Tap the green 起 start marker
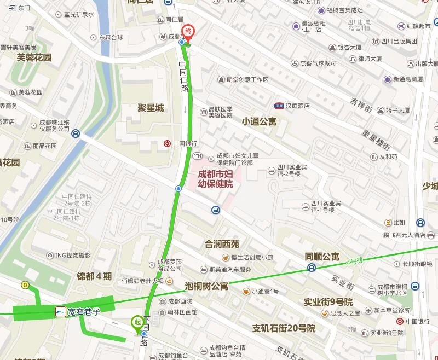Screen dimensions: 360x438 coord(137,322)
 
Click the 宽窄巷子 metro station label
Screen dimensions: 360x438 coord(84,312)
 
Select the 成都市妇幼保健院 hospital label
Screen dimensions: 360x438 coord(215,179)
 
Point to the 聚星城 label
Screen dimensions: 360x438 coord(151,108)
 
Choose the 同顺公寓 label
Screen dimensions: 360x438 coord(322,256)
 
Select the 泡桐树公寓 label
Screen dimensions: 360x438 coord(206,286)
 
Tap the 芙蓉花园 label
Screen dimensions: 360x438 coord(34,57)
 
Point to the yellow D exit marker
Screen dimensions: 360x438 coord(25,284)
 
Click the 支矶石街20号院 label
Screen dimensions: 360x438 coord(284,329)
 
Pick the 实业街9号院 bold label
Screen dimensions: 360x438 coord(328,302)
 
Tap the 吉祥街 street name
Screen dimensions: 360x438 coord(361,105)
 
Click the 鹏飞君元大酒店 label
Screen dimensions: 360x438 coord(404,235)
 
